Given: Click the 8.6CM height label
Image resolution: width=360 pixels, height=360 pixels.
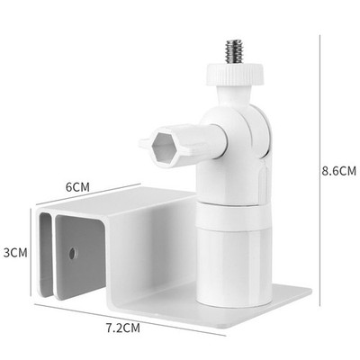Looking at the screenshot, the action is [338, 171].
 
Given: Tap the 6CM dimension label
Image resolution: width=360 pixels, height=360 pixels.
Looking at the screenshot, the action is [77, 187].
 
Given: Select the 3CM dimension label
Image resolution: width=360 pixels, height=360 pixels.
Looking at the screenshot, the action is [15, 253].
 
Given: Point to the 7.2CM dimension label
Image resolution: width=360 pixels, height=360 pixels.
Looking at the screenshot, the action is [123, 319].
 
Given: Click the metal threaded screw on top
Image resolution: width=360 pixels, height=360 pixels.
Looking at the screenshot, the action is [234, 51].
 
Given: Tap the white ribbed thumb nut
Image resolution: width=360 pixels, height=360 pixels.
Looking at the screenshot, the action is [236, 74].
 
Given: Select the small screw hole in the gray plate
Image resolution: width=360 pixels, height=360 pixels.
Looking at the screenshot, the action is [72, 254].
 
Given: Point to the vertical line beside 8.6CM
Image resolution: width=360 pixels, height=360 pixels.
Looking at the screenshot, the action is [319, 170].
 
